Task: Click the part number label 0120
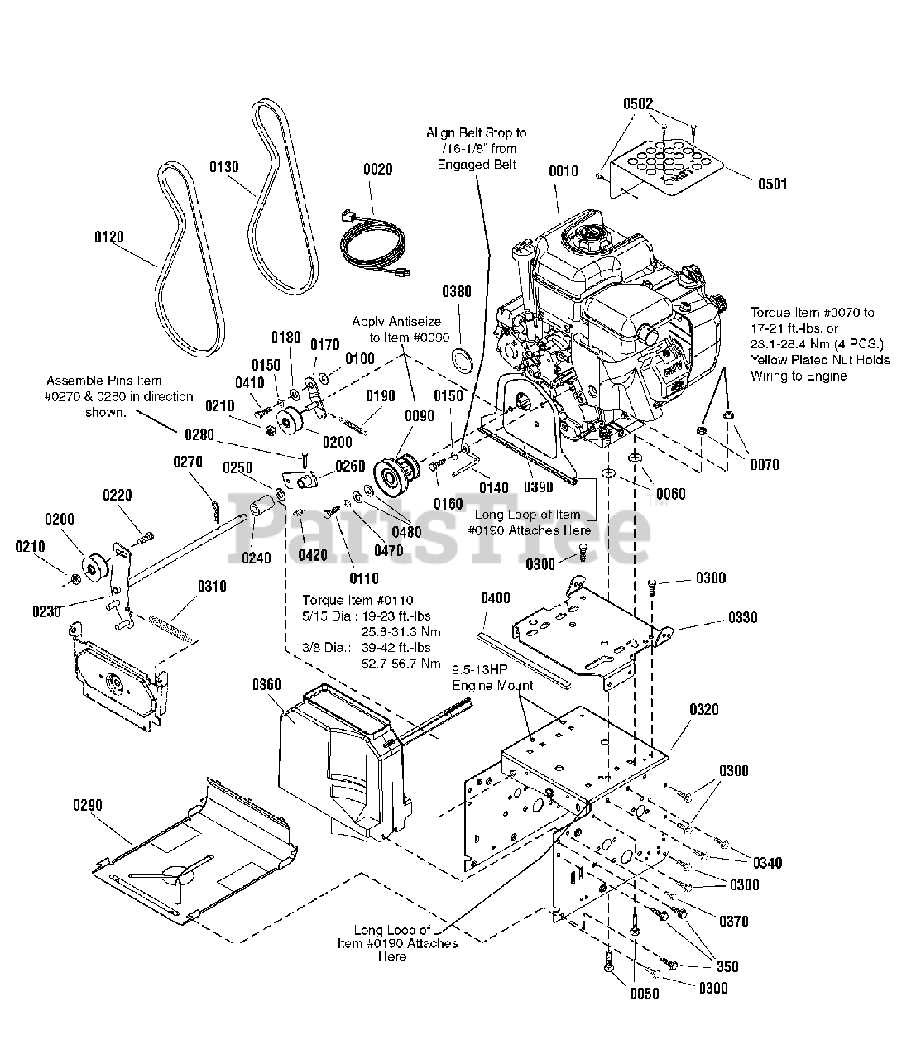pos(109,237)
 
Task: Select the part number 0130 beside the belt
pos(223,167)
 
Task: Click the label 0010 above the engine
pos(564,171)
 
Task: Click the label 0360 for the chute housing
pos(266,685)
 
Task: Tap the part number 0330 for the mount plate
pos(742,618)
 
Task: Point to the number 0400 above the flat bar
pos(495,598)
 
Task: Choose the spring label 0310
pos(212,587)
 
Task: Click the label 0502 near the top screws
pos(637,104)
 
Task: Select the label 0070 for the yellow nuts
pos(765,465)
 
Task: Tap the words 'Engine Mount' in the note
pos(492,685)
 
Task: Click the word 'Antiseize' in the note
pos(414,321)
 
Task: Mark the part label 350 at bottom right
pos(728,966)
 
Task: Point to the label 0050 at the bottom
pos(644,994)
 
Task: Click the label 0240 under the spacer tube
pos(256,558)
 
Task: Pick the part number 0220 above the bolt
pos(118,496)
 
